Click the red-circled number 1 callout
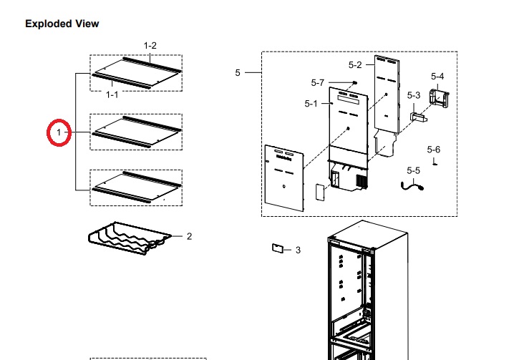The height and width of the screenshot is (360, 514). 59,132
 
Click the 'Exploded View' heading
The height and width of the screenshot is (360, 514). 62,24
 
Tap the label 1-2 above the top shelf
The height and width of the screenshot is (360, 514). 150,46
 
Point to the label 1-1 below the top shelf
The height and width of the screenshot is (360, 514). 112,94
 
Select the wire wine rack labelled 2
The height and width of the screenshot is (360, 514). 130,238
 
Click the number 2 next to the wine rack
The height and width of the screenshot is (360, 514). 189,236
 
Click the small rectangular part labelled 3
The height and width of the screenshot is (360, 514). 277,248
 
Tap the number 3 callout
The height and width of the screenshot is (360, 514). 298,250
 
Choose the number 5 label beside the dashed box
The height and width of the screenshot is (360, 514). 238,73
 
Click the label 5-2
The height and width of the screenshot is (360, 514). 355,65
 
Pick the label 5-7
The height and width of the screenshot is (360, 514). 318,83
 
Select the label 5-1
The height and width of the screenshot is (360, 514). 311,104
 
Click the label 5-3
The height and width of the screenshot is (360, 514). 414,95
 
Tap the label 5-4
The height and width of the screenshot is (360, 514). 437,77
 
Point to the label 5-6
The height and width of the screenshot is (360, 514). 433,150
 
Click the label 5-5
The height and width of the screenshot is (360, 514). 413,170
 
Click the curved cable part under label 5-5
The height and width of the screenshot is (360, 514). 412,187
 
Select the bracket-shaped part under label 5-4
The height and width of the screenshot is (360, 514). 440,98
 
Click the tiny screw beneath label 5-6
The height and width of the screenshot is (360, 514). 435,162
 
